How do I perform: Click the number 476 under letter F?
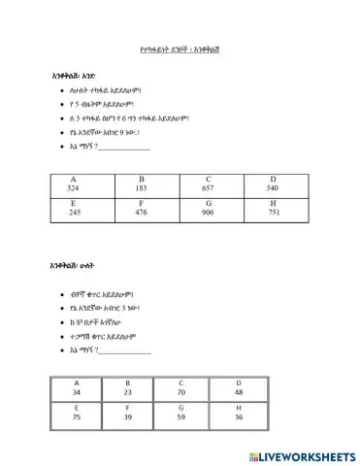click(x=141, y=211)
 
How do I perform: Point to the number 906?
click(x=208, y=211)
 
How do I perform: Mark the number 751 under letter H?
click(x=273, y=211)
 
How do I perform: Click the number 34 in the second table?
click(x=77, y=391)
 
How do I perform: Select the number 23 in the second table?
click(x=127, y=391)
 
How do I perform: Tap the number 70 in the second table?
click(x=181, y=391)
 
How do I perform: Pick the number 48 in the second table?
click(x=239, y=391)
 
